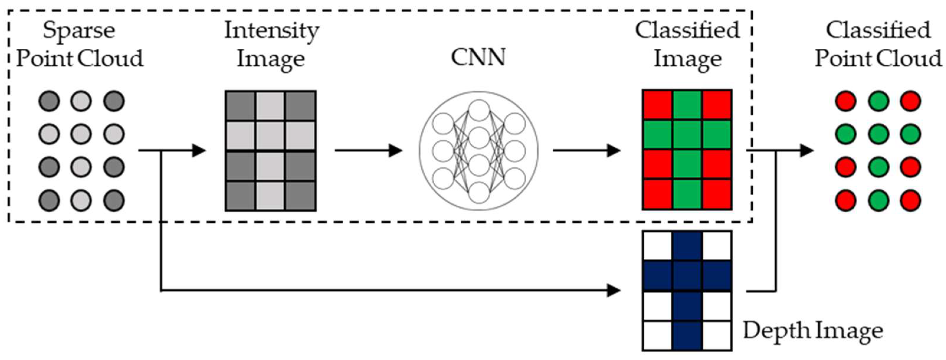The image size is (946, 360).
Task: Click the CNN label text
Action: coord(478,58)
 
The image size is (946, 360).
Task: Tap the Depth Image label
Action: coord(813,331)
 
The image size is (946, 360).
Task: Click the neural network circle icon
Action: coord(478,150)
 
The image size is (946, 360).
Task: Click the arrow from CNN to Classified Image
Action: coord(586,150)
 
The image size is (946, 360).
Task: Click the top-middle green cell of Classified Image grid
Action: coord(687,105)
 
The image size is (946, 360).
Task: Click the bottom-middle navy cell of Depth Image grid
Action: coord(687,336)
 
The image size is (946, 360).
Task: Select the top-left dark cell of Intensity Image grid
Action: coord(240,105)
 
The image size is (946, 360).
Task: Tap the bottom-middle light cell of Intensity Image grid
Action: coord(270,196)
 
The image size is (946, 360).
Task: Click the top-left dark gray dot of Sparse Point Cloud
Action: coord(49,101)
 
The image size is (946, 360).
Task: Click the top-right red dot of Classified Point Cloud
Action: coord(910,101)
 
